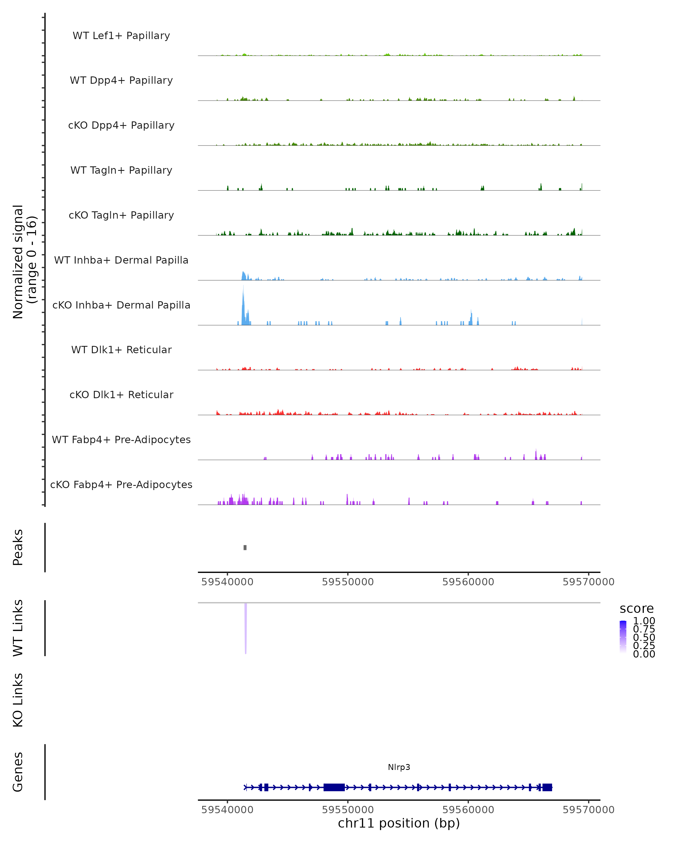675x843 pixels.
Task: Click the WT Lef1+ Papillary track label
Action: (x=121, y=36)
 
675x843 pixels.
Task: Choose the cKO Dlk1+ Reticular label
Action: (x=121, y=395)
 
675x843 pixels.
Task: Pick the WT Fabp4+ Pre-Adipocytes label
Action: (x=121, y=439)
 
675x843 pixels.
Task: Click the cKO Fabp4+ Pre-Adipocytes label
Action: (x=121, y=484)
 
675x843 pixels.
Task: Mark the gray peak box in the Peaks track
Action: (x=245, y=547)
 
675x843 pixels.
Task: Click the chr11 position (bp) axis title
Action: (x=399, y=823)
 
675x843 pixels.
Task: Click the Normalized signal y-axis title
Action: (x=24, y=262)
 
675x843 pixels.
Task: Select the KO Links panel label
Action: (x=18, y=700)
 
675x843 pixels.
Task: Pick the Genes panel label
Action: (x=18, y=772)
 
